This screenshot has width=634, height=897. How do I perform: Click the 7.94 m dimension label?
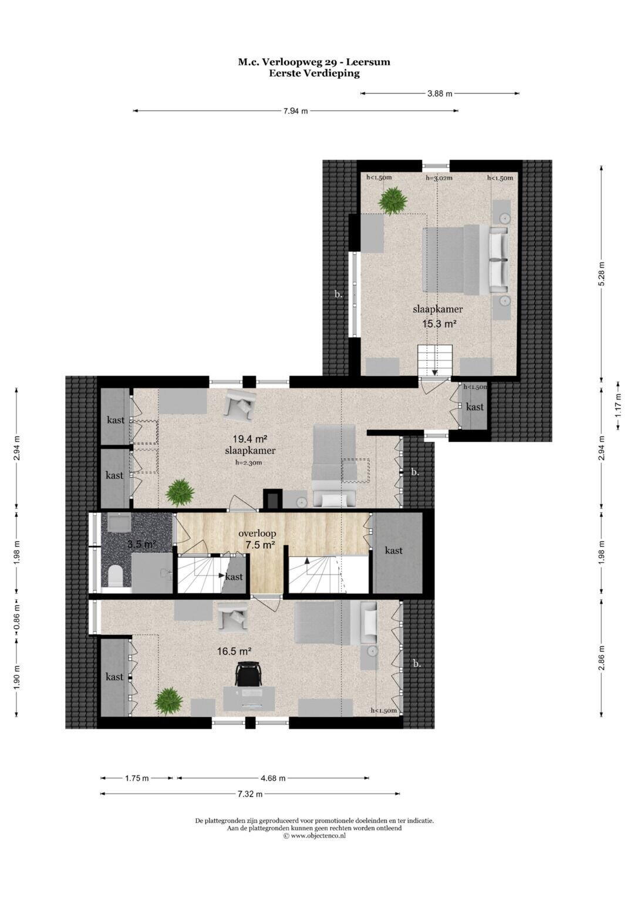point(295,112)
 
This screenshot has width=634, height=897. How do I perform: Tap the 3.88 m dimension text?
point(440,94)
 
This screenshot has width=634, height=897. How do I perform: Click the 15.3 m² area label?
point(440,324)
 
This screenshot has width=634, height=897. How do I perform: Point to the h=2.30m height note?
point(249,463)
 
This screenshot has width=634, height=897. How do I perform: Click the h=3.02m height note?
point(439,178)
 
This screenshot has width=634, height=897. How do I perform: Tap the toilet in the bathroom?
point(115,576)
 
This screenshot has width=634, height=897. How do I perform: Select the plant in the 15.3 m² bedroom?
point(393,201)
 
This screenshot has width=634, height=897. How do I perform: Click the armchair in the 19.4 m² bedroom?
point(240,405)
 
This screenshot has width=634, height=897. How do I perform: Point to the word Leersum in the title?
point(368,62)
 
